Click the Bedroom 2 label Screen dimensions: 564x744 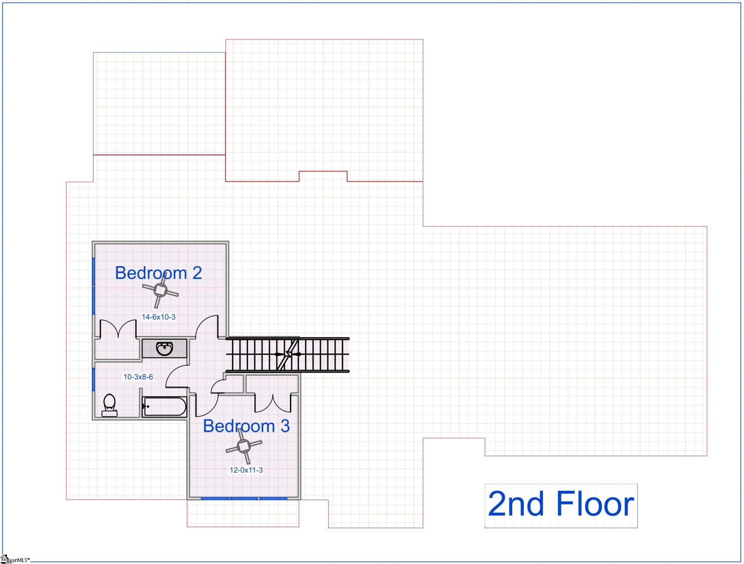pyautogui.click(x=158, y=273)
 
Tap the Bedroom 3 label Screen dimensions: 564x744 pyautogui.click(x=246, y=426)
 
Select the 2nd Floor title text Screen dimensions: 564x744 pyautogui.click(x=561, y=504)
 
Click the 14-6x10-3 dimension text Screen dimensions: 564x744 pyautogui.click(x=158, y=317)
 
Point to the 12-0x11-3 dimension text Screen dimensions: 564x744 pyautogui.click(x=246, y=470)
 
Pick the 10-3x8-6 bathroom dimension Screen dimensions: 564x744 pyautogui.click(x=138, y=377)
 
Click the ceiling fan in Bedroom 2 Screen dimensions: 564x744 pyautogui.click(x=160, y=290)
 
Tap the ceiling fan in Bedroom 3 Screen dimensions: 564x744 pyautogui.click(x=244, y=447)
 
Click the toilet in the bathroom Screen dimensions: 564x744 pyautogui.click(x=109, y=405)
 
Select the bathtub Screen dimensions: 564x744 pyautogui.click(x=165, y=407)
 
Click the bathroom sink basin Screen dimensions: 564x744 pyautogui.click(x=165, y=348)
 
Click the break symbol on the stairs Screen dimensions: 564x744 pyautogui.click(x=288, y=354)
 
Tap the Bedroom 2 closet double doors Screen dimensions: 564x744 pyautogui.click(x=118, y=329)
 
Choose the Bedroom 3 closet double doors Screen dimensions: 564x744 pyautogui.click(x=273, y=403)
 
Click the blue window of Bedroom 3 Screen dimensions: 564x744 pyautogui.click(x=244, y=499)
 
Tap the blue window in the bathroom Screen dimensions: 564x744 pyautogui.click(x=93, y=379)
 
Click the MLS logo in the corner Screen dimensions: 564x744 pyautogui.click(x=5, y=559)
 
